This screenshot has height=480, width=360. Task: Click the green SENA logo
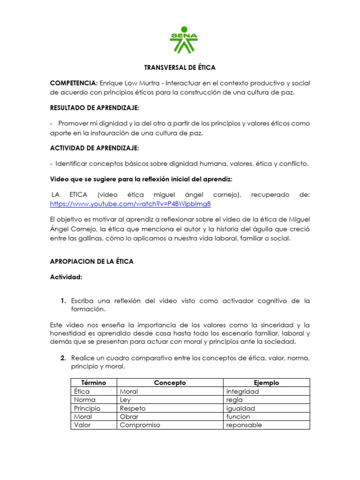pos(183,39)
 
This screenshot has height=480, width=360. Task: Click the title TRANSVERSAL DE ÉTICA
pos(180,67)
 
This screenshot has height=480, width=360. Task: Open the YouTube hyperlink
pos(130,204)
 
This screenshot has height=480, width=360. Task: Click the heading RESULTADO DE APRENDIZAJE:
pos(95,108)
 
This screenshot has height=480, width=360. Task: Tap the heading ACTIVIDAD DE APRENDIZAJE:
pos(94,148)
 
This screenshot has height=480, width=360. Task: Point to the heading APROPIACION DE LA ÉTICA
pos(92,262)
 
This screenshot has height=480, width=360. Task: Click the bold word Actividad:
pos(66,277)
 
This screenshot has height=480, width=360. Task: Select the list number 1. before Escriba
pos(62,300)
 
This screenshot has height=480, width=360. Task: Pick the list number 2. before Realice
pos(62,359)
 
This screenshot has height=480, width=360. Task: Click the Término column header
pos(94,383)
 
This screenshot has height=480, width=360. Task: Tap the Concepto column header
pos(170,383)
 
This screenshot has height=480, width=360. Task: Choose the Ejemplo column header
pos(266,383)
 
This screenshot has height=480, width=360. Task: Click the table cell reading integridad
pos(242,391)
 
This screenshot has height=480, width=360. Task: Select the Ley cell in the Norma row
pos(126,400)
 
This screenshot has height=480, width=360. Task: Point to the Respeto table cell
pos(133,408)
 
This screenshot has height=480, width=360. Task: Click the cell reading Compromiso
pos(140,425)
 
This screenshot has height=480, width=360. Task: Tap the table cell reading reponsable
pos(244,425)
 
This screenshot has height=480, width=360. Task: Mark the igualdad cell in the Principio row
pos(240,408)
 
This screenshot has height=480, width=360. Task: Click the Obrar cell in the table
pos(129,417)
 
